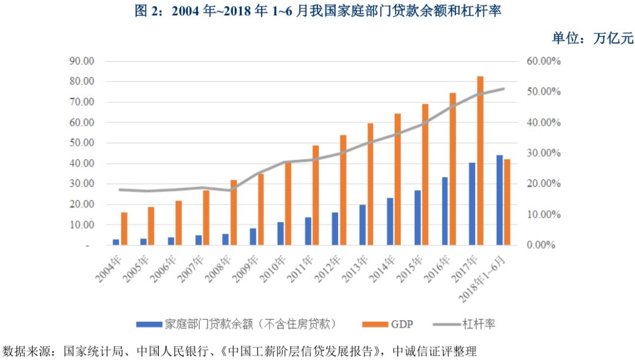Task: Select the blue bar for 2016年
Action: coord(444,211)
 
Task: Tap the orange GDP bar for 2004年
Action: coord(124,229)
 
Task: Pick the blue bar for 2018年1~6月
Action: coord(499,200)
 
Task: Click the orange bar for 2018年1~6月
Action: coord(507,202)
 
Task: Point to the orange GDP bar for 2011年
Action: coord(316,195)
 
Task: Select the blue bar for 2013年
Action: coord(363,225)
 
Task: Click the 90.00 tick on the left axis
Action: coord(82,61)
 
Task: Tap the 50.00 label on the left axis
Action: coord(82,143)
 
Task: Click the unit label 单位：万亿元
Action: coord(592,38)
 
